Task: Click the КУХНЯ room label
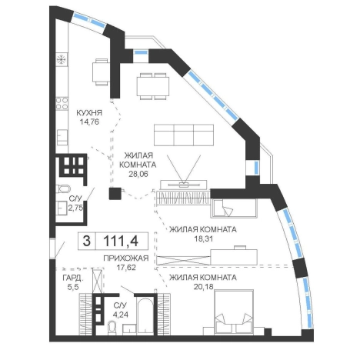point(89,112)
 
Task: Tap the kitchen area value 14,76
point(89,122)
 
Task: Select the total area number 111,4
point(121,241)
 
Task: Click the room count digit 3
point(87,241)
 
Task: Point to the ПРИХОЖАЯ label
point(126,258)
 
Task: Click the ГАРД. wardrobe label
point(73,278)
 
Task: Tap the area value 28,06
point(138,174)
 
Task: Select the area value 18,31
point(204,239)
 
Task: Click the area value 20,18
point(204,286)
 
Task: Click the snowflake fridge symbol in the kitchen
point(62,59)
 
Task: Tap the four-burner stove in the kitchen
point(62,103)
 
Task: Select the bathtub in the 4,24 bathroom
point(145,317)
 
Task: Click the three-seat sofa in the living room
point(184,135)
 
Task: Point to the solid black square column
point(115,194)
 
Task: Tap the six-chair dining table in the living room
point(153,86)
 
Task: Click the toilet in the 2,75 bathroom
point(63,188)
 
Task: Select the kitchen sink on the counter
point(62,137)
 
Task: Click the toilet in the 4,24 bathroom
point(112,328)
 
